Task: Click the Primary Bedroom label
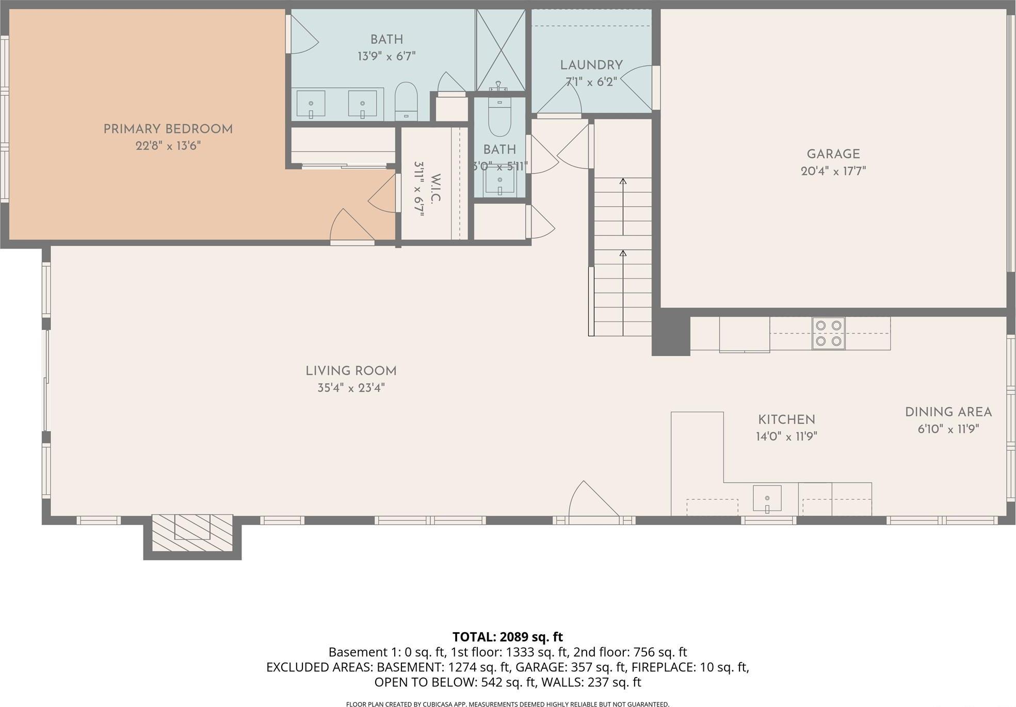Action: point(168,129)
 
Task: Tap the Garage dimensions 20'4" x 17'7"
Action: point(833,171)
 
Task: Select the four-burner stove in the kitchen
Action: point(828,333)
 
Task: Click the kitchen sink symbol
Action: point(767,499)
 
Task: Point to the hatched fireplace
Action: point(192,534)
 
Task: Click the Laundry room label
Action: point(591,65)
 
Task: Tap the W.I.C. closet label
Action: point(435,189)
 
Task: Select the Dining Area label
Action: point(948,413)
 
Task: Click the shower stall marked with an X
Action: point(500,50)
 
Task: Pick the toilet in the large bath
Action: point(406,101)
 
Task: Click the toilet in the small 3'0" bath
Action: point(499,118)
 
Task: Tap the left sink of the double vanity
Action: point(311,104)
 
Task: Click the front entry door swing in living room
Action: point(591,499)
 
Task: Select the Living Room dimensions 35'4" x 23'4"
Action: point(351,388)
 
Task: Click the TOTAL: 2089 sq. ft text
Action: point(507,637)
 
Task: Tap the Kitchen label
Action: point(786,420)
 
